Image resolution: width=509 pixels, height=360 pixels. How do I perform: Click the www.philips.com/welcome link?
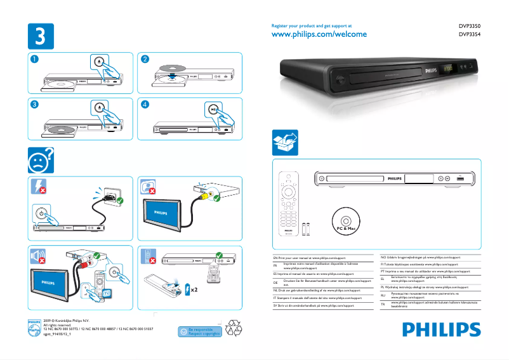319,34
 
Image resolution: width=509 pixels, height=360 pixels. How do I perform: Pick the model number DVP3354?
469,35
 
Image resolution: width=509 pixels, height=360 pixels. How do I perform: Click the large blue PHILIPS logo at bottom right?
441,330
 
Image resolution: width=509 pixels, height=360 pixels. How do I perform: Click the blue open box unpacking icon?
284,143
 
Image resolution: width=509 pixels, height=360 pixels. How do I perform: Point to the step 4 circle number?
145,103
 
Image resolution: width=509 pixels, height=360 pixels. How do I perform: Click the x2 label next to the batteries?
196,289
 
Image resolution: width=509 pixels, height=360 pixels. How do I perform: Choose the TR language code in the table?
383,305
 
